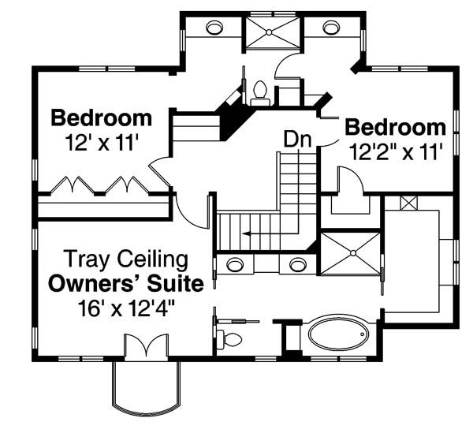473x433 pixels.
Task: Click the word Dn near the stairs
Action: (298, 139)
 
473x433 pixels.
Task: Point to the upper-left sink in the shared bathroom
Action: (214, 28)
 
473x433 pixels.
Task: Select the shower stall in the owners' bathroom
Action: (349, 253)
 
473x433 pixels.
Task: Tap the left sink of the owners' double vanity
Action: (234, 263)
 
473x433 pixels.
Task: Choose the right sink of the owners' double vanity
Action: (297, 263)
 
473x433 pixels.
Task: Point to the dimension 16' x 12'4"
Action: (125, 308)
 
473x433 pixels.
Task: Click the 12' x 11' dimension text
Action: (102, 144)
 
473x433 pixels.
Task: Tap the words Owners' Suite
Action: (125, 283)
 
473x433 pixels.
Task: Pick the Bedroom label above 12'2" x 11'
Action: (396, 126)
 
